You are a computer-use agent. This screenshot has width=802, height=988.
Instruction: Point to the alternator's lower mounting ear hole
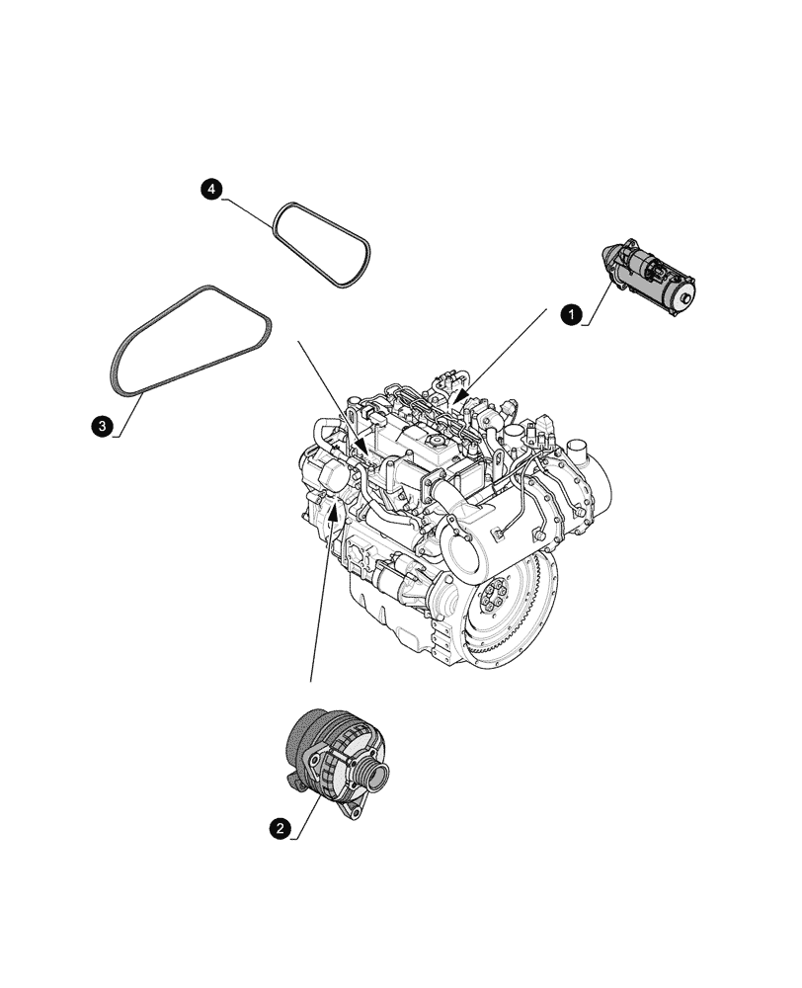(x=348, y=812)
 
